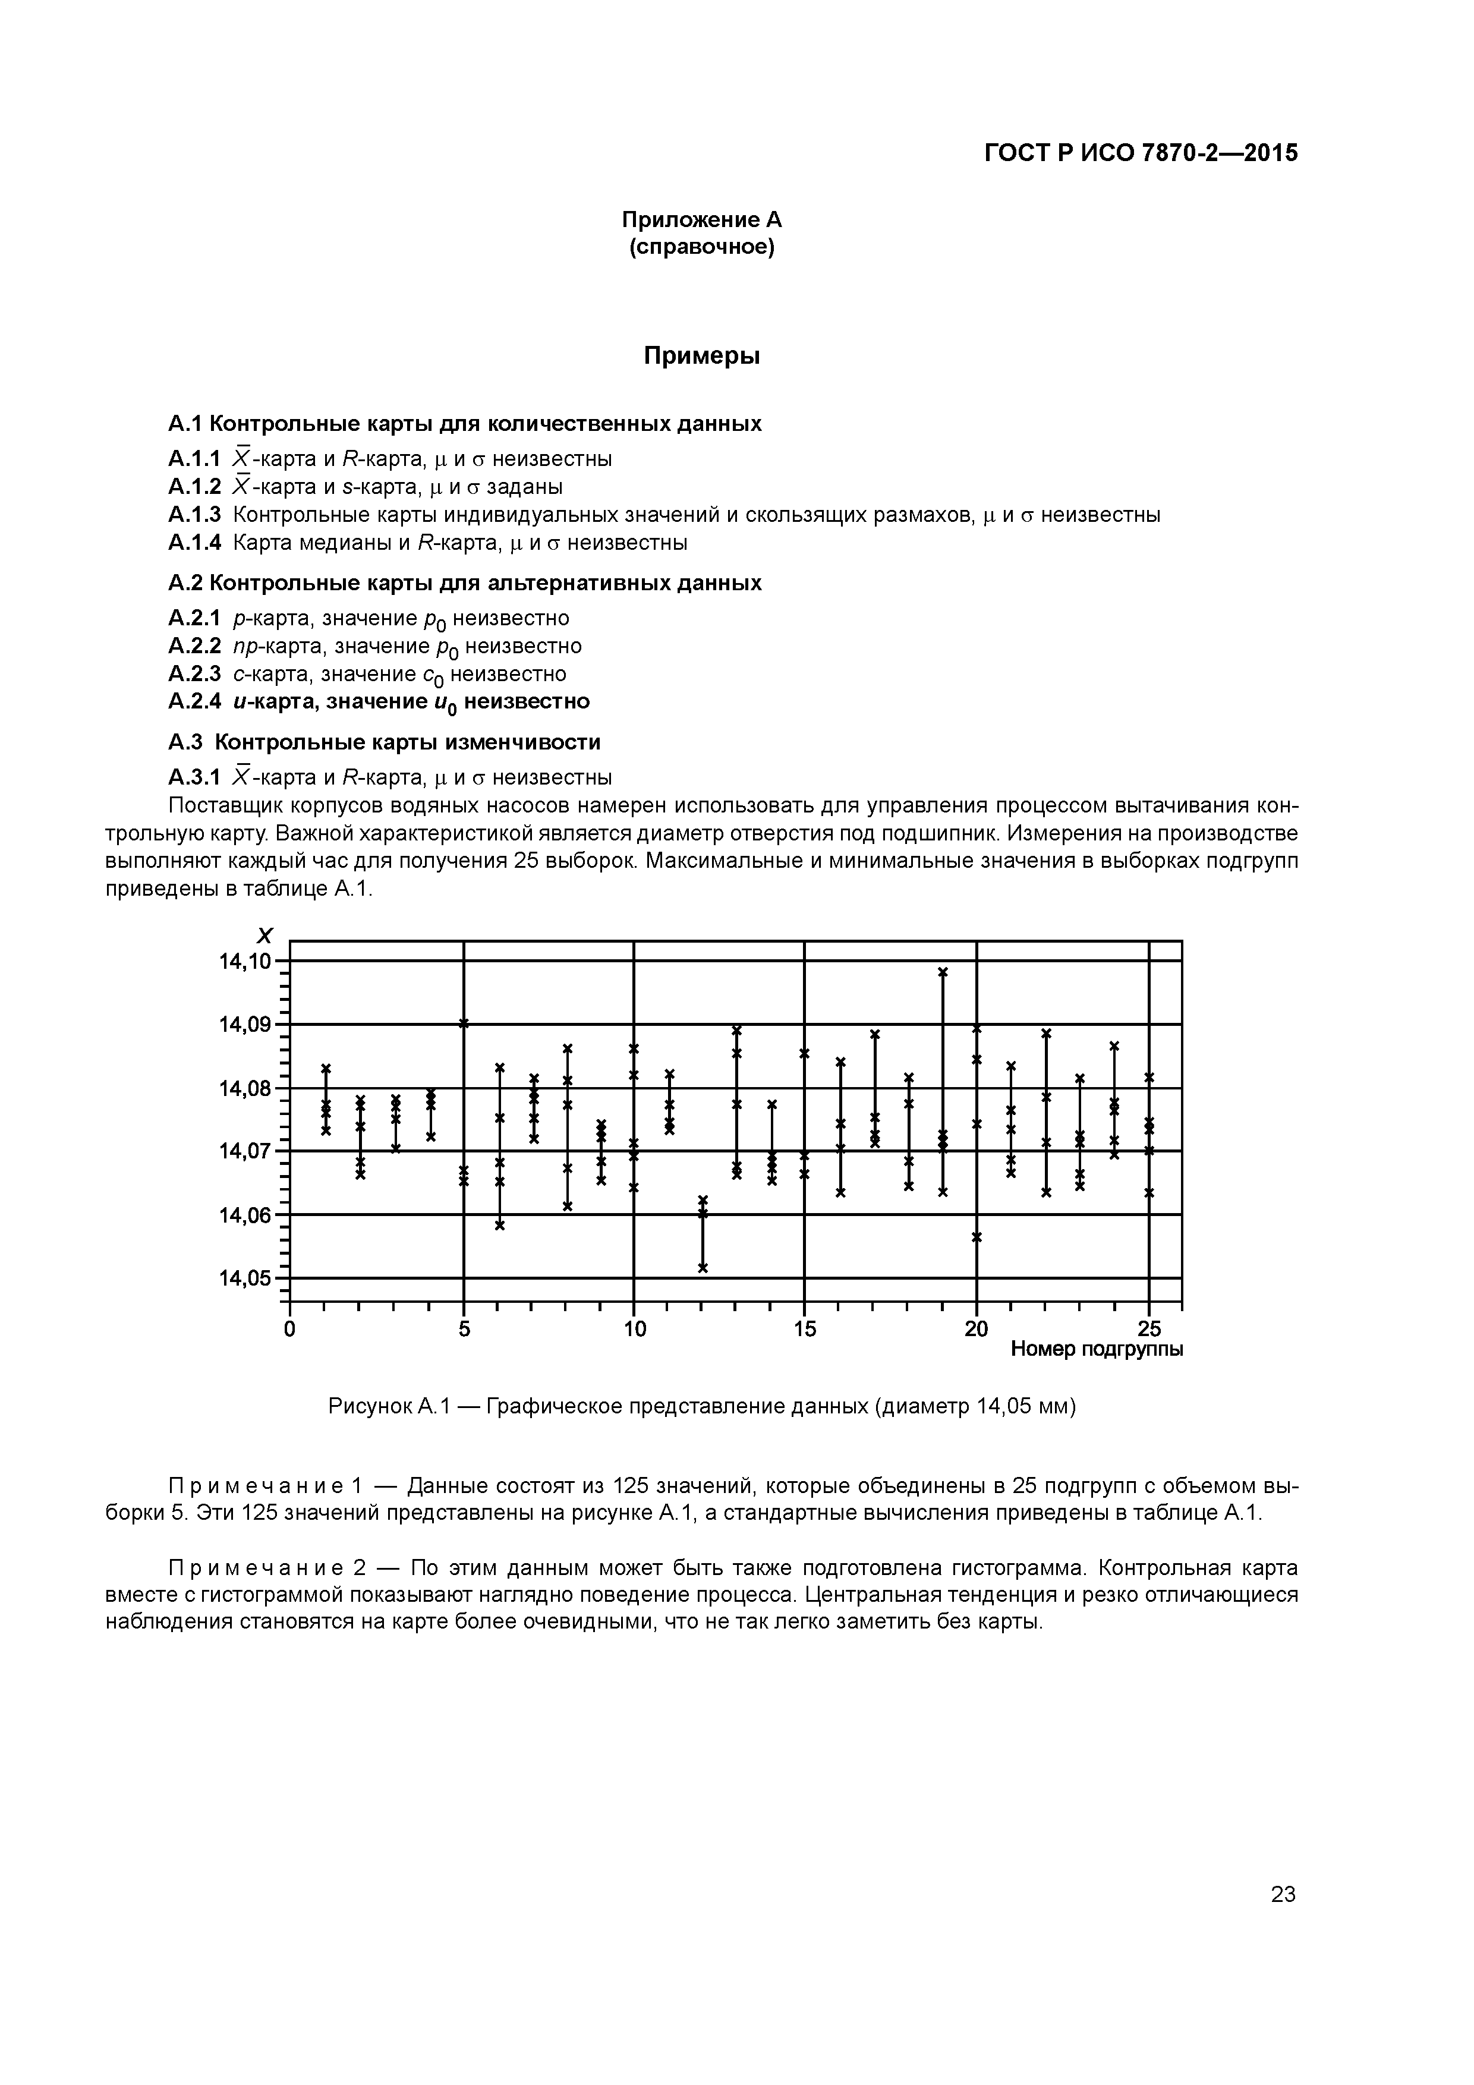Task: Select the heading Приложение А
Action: tap(701, 220)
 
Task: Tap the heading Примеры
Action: tap(701, 356)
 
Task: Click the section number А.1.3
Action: tap(194, 515)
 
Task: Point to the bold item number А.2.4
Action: tap(194, 701)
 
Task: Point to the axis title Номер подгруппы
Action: tap(1096, 1349)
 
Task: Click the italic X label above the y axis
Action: tap(264, 936)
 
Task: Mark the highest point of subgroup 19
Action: tap(943, 972)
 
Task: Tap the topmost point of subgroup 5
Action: tap(464, 1023)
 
